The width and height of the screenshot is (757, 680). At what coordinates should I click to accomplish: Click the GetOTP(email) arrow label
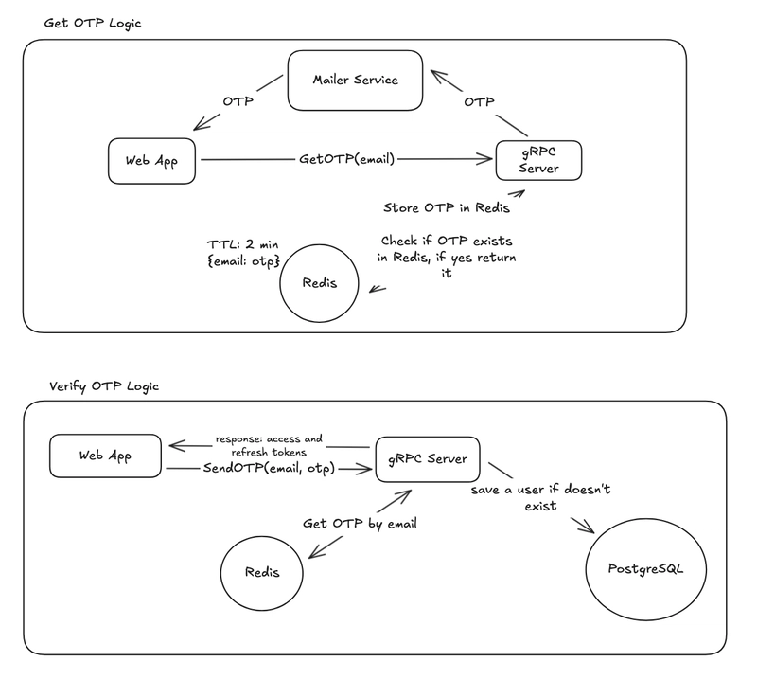click(346, 159)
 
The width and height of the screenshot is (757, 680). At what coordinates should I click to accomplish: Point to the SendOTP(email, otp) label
click(269, 468)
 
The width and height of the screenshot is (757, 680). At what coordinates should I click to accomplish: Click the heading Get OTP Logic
click(93, 23)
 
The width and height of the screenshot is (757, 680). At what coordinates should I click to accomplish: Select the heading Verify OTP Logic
click(104, 386)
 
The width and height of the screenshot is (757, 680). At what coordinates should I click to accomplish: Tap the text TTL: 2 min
click(243, 244)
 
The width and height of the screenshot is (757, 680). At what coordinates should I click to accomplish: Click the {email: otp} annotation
click(244, 261)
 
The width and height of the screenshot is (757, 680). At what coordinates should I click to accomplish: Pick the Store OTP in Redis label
click(447, 207)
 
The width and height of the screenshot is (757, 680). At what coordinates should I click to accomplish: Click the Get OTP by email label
click(360, 524)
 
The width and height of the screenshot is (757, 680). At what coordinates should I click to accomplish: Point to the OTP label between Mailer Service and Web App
click(238, 101)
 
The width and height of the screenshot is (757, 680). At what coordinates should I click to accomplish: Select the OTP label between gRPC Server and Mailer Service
click(479, 102)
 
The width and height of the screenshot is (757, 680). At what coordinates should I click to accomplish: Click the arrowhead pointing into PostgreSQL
click(586, 527)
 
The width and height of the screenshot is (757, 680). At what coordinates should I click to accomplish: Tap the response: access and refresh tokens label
click(269, 446)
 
